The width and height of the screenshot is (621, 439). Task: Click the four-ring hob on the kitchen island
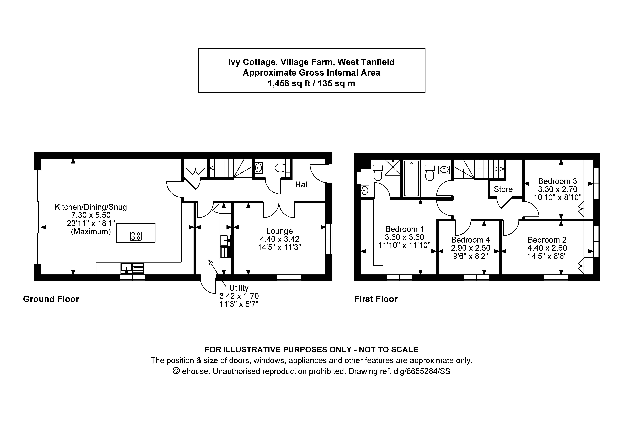[135, 236]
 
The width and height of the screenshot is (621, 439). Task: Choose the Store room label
[503, 189]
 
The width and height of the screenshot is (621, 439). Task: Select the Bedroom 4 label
[470, 240]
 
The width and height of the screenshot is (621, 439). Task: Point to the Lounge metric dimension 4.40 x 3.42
[279, 239]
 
